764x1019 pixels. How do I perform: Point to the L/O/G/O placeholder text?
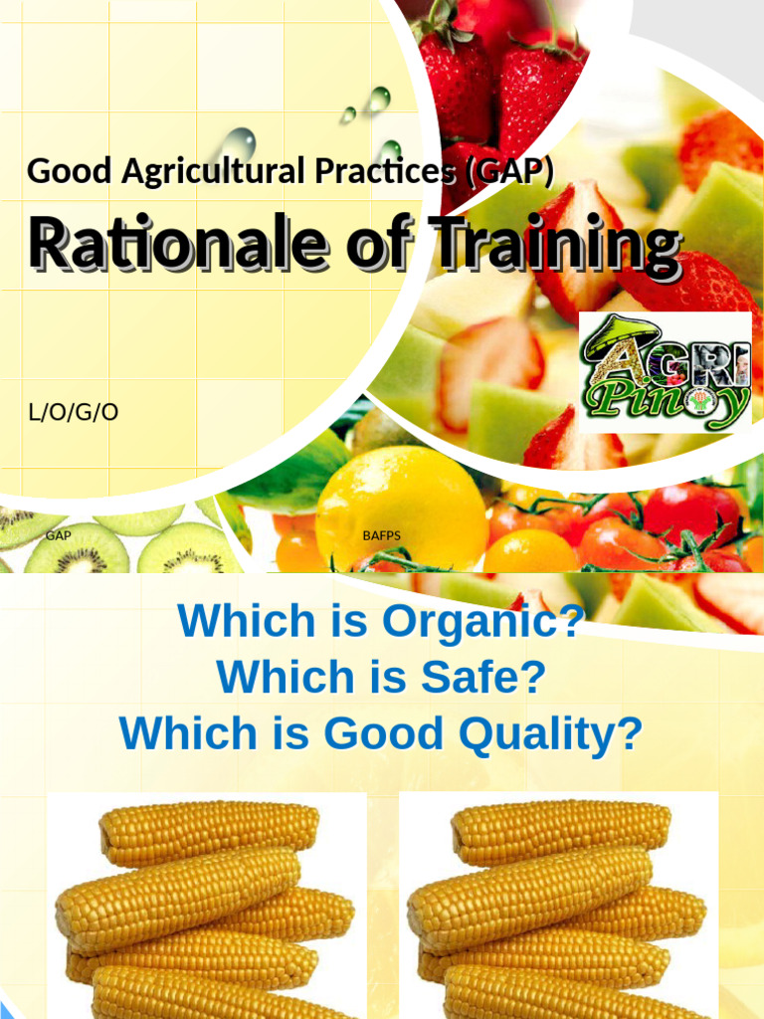74,411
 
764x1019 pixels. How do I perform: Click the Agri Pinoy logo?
665,372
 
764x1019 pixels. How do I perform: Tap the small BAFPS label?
381,535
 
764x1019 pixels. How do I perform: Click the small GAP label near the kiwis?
58,535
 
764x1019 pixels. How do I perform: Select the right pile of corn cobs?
557,911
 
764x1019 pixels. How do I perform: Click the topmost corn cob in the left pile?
209,831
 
